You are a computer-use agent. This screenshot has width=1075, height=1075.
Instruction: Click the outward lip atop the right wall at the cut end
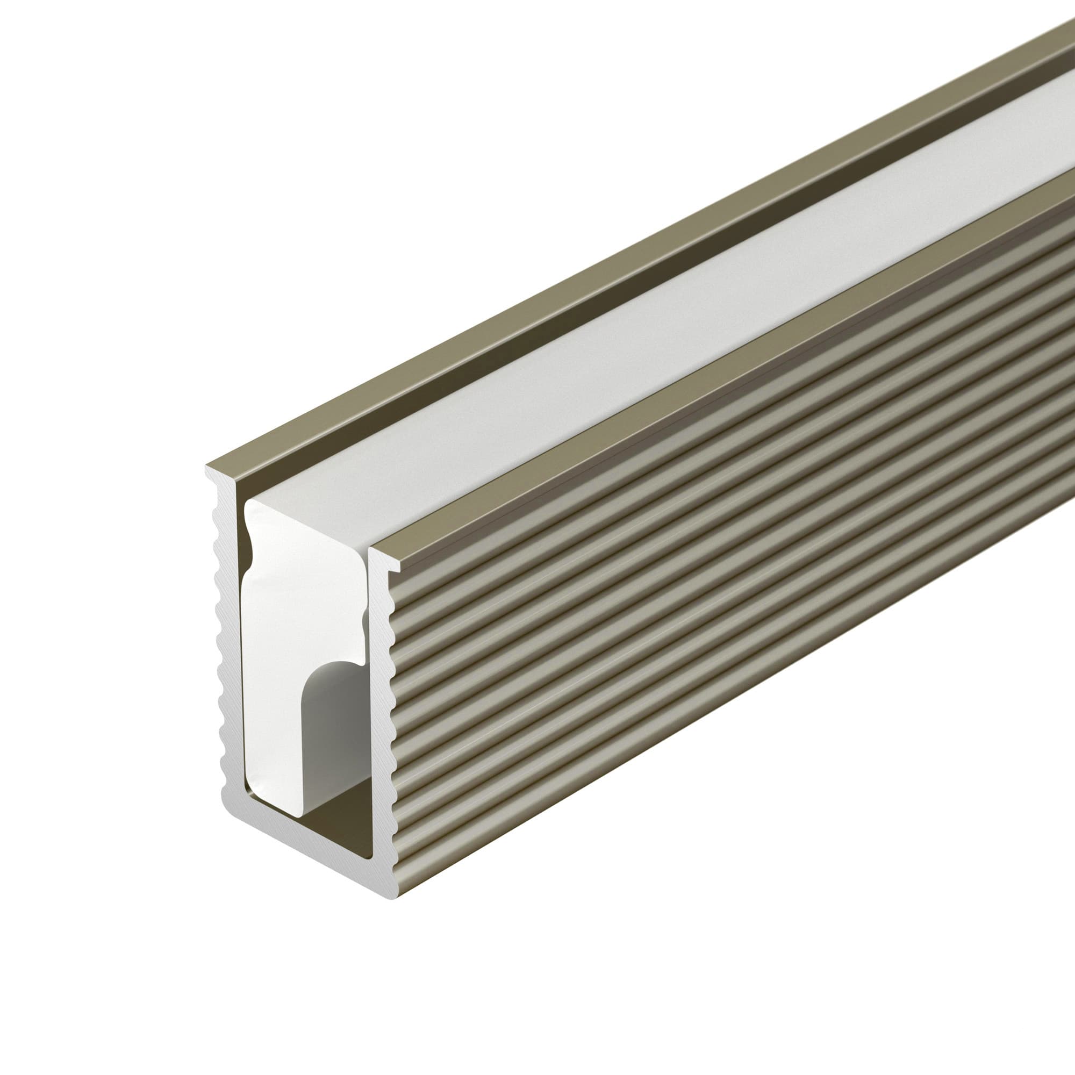(393, 568)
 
